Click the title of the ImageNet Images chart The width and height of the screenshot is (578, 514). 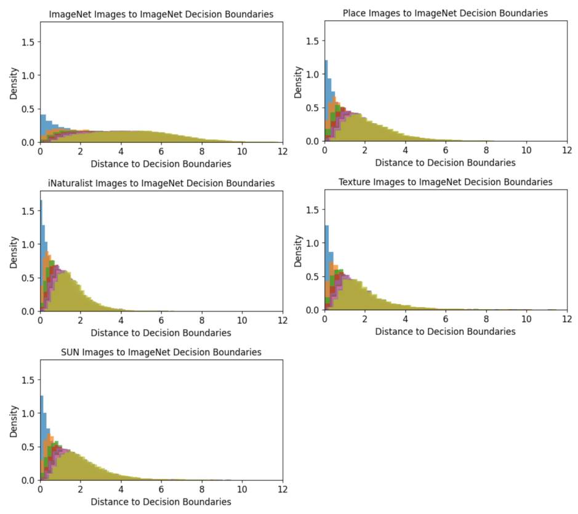coord(161,14)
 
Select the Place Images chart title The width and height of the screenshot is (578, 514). coord(445,14)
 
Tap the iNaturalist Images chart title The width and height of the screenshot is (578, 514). coord(161,183)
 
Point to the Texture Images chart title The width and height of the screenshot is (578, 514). coord(445,182)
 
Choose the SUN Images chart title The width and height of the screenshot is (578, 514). coord(161,352)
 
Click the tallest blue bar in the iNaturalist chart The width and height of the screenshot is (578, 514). coord(41,255)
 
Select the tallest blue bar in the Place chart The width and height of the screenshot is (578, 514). coord(326,101)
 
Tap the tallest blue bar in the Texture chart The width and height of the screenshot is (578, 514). coord(326,268)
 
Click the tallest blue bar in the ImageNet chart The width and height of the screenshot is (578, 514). coord(43,128)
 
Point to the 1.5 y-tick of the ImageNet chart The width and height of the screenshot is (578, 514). coord(28,42)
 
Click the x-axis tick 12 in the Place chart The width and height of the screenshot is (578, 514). coord(567,150)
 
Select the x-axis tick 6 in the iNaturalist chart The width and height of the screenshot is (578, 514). coord(161,321)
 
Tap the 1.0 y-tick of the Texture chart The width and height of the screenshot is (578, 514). coord(313,243)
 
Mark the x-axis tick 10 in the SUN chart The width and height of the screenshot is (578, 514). coord(242,489)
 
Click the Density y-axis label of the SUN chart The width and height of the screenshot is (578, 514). coord(14,422)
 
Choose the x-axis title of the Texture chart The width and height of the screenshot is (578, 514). coord(445,331)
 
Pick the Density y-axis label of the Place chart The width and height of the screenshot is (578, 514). coord(298,82)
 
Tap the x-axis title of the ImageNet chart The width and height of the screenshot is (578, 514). coord(161,164)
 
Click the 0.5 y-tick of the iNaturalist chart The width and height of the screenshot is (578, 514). coord(28,278)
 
